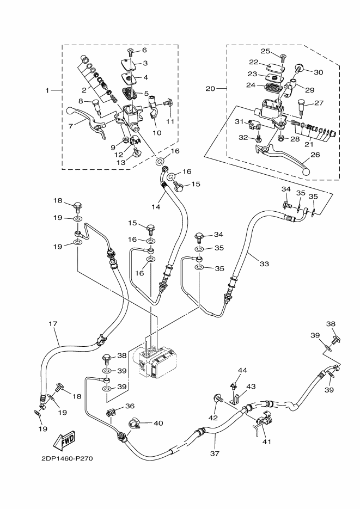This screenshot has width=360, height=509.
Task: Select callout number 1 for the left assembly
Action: click(x=48, y=90)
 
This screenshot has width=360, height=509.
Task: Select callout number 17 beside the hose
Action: click(x=53, y=324)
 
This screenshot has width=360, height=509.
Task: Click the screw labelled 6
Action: click(x=130, y=52)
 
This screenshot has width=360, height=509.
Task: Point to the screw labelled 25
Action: click(x=283, y=56)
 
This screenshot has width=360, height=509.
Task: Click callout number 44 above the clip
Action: click(x=242, y=371)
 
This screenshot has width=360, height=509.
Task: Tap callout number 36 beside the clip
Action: click(x=130, y=406)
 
